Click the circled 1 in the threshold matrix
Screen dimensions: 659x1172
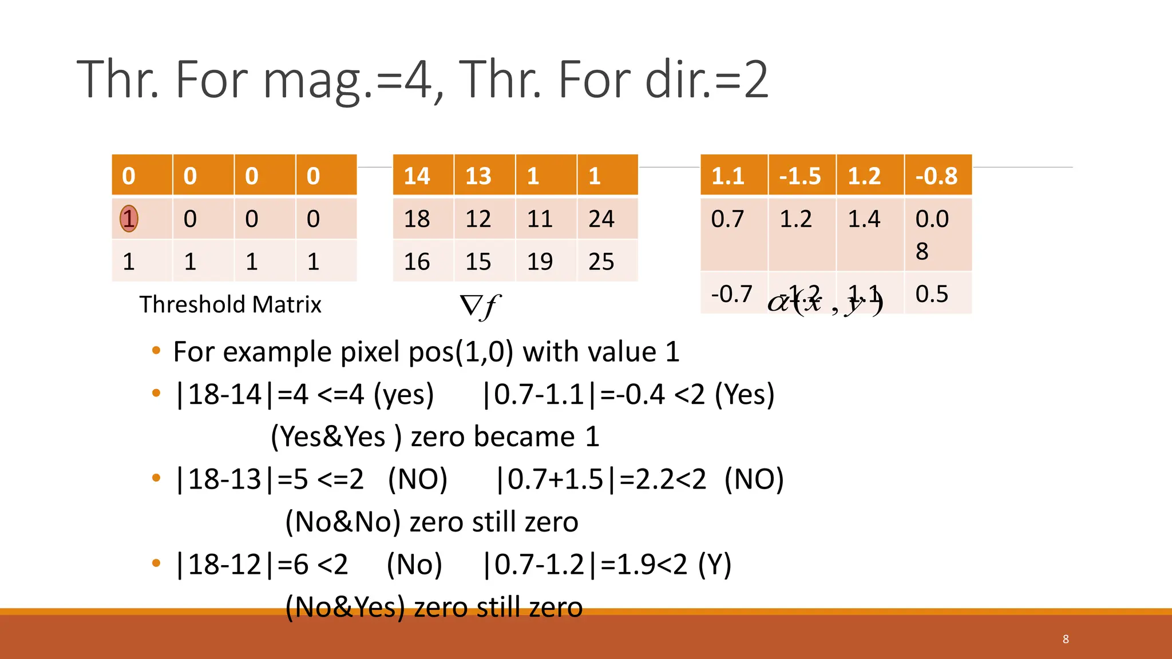(129, 219)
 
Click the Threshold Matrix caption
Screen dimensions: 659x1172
(230, 304)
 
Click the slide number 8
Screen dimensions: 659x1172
(1066, 639)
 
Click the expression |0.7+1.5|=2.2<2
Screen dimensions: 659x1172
(601, 479)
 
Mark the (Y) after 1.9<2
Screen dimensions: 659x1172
(714, 565)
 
